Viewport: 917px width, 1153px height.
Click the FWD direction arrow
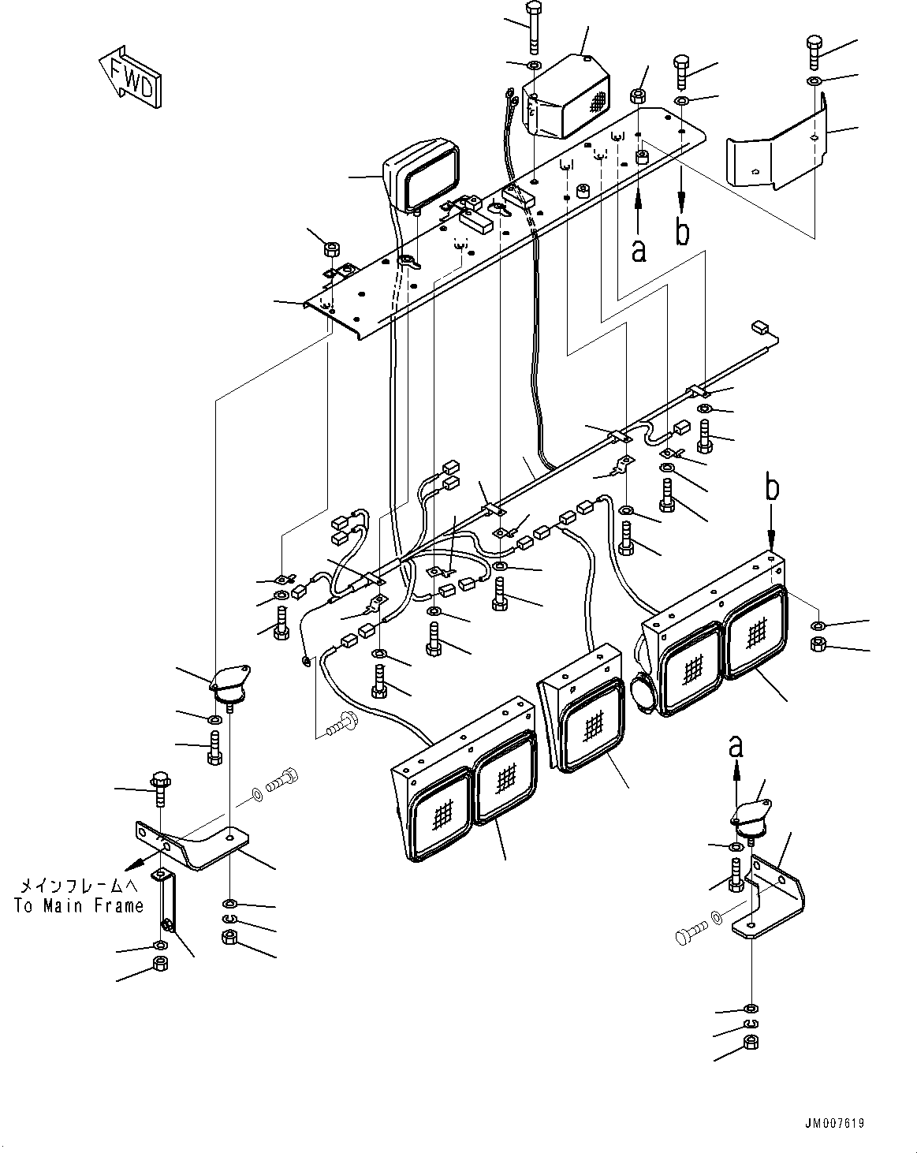(x=131, y=77)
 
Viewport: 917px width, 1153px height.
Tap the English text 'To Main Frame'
(x=79, y=906)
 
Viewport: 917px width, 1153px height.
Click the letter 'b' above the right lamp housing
(x=771, y=488)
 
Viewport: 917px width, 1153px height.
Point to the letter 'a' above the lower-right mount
(x=735, y=744)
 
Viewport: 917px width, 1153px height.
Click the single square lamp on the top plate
(x=422, y=177)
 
